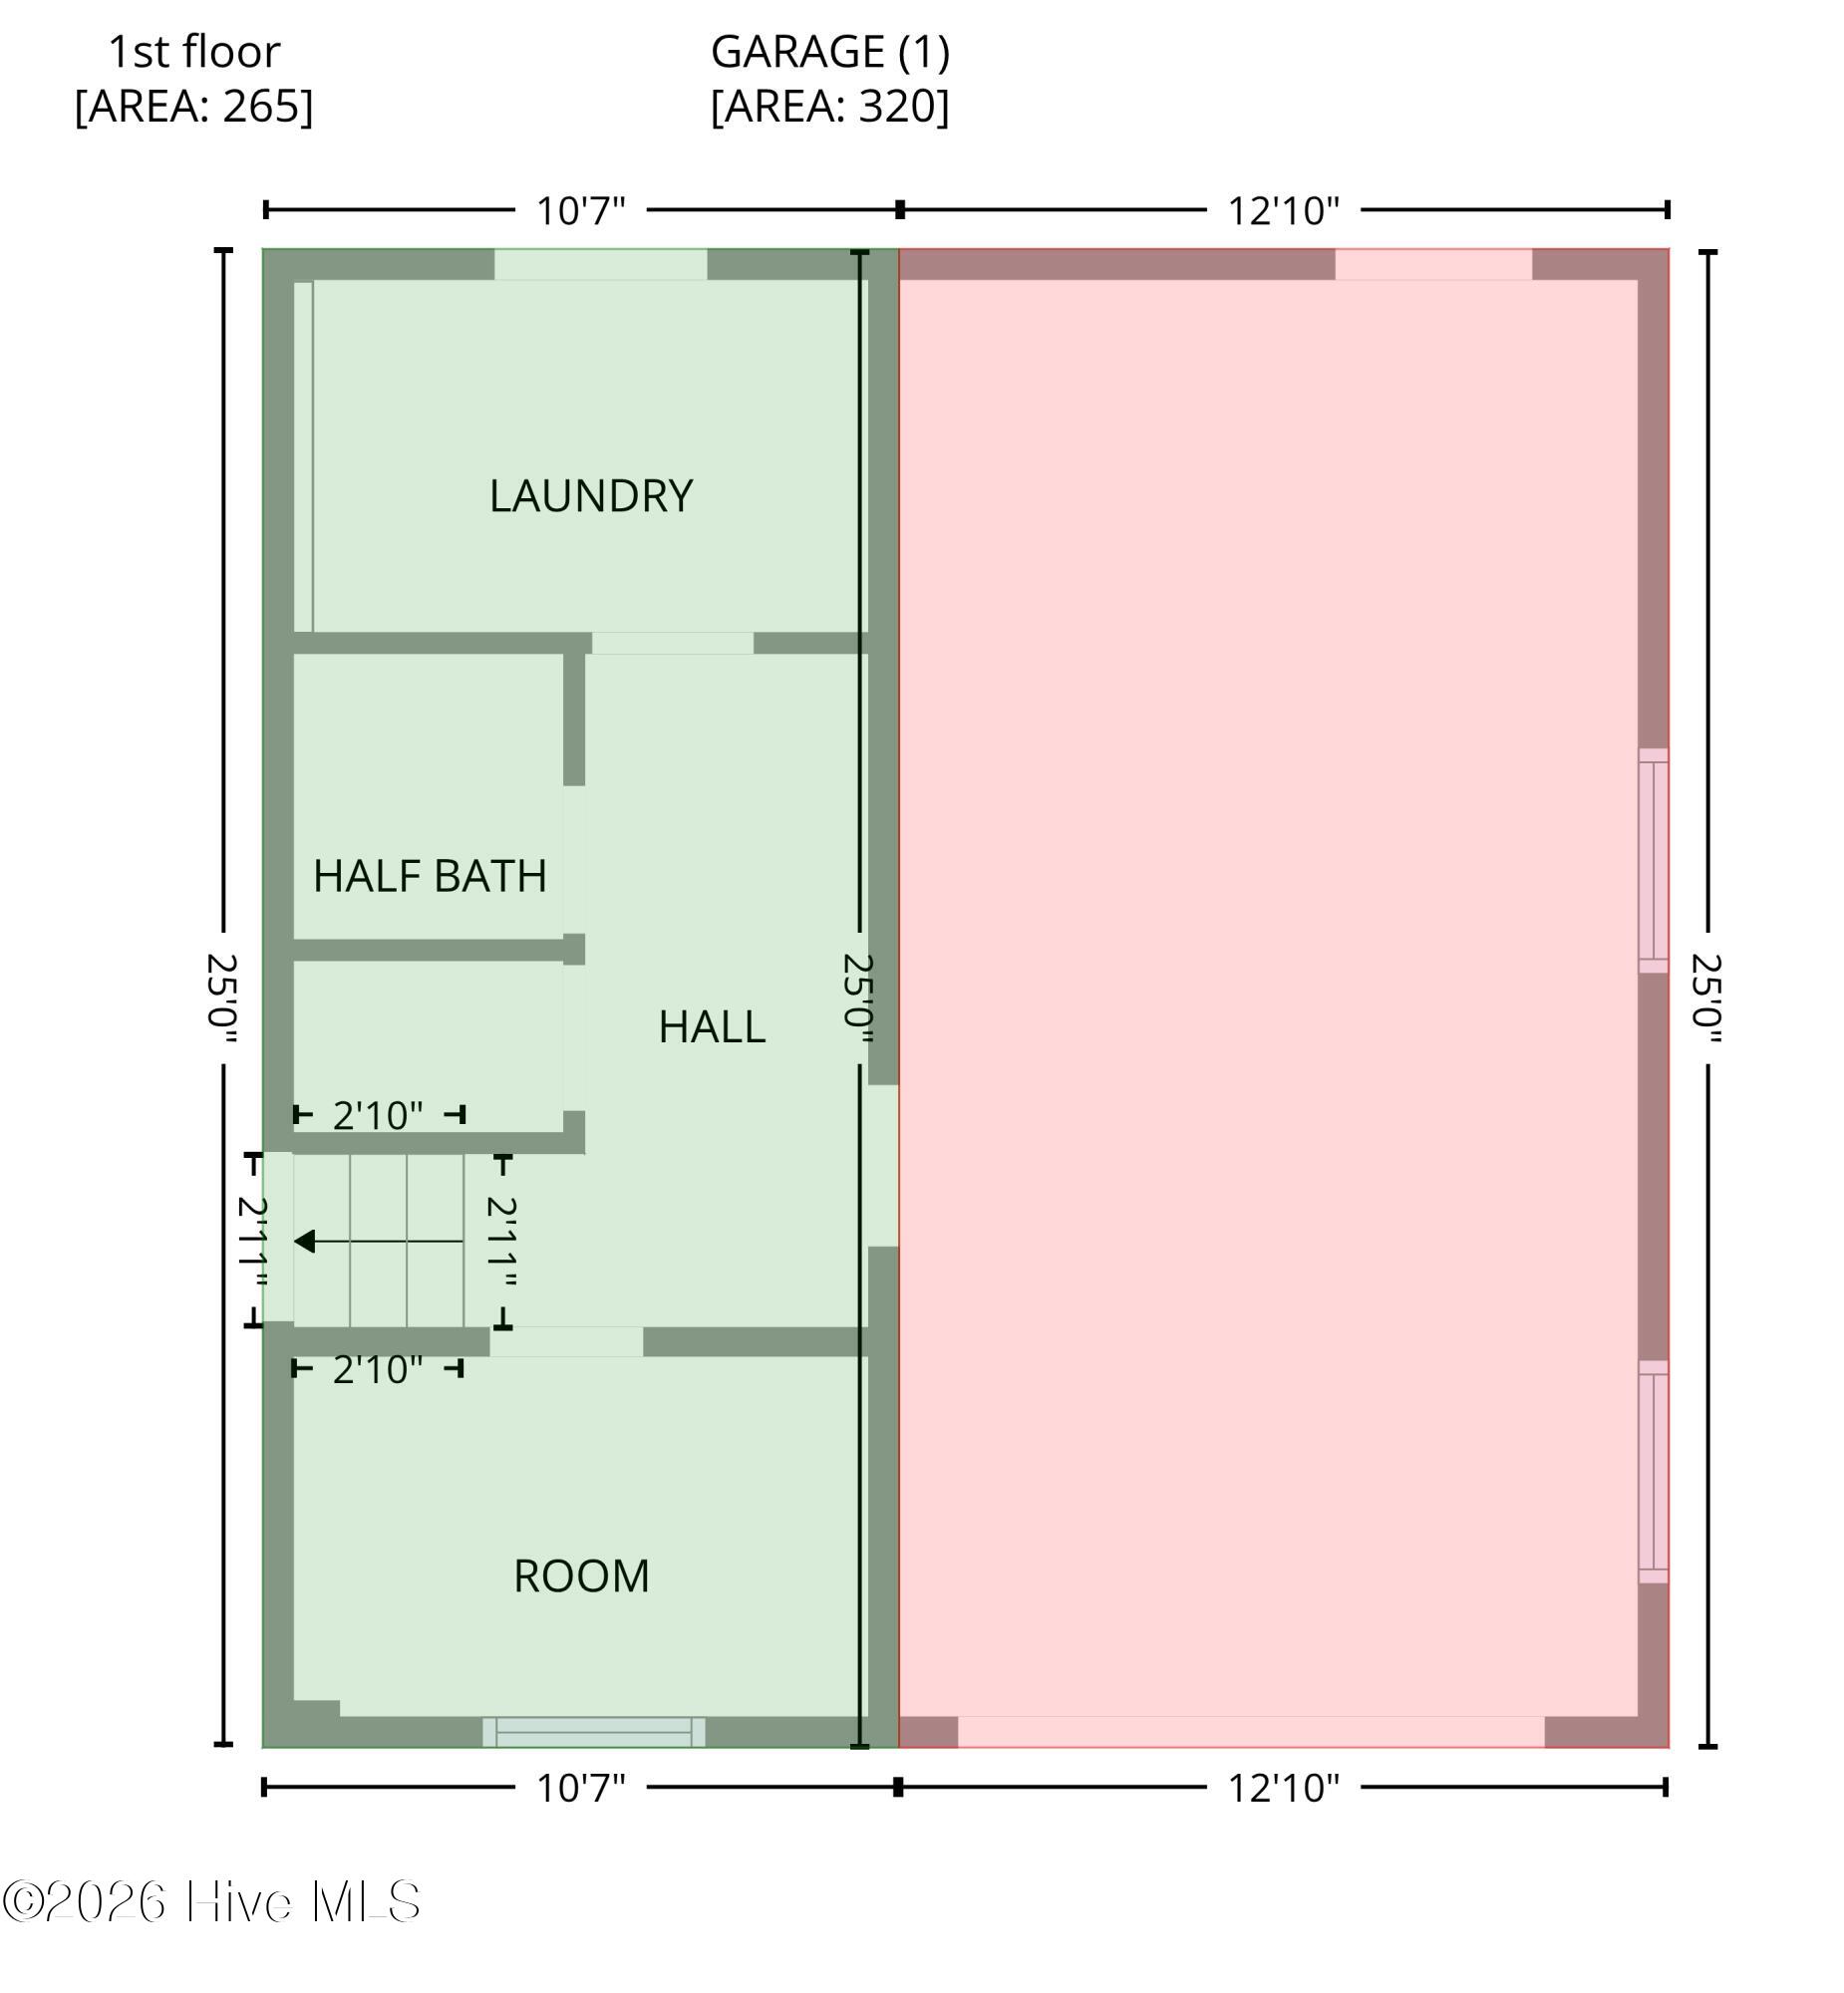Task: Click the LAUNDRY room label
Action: [x=591, y=495]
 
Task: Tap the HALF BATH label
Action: [x=430, y=876]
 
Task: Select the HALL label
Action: [x=712, y=1026]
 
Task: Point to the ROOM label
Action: [x=582, y=1576]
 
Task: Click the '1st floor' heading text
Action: [x=193, y=52]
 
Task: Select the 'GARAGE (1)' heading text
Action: [x=830, y=52]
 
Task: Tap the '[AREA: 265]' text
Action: [x=193, y=106]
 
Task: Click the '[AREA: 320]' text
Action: [x=830, y=106]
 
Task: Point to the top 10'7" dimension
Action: [x=581, y=210]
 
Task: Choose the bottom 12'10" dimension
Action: [x=1283, y=1788]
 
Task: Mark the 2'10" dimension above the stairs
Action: [x=378, y=1115]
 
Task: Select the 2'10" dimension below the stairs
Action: [x=378, y=1369]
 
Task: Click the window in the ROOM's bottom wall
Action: [x=594, y=1732]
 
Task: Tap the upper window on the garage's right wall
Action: [x=1654, y=861]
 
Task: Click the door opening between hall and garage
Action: [x=882, y=1165]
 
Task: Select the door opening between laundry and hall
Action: [x=673, y=644]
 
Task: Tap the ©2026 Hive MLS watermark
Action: [x=211, y=1902]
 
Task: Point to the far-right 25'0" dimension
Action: [x=1706, y=998]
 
